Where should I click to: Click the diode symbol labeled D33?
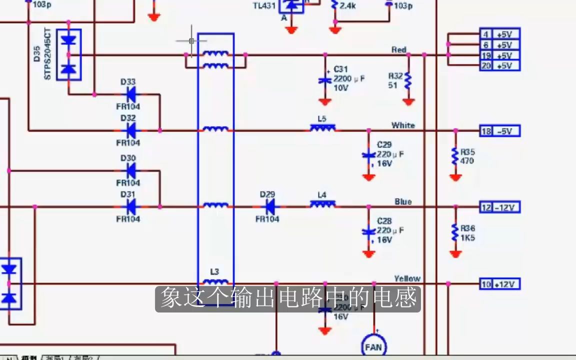point(131,94)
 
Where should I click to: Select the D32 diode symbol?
point(131,130)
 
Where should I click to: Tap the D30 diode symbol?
point(131,170)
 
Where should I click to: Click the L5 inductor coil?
point(322,129)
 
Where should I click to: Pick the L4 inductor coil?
point(322,204)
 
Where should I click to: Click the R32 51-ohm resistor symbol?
point(408,80)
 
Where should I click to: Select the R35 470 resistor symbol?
point(455,156)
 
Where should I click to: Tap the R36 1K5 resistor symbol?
point(455,232)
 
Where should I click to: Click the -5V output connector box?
point(500,131)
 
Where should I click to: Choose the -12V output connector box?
point(500,207)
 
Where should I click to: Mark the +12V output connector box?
point(500,284)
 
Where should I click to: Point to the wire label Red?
point(399,49)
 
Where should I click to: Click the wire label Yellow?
point(407,278)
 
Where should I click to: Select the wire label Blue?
point(403,201)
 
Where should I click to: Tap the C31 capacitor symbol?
point(325,80)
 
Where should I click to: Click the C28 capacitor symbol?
point(368,231)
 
